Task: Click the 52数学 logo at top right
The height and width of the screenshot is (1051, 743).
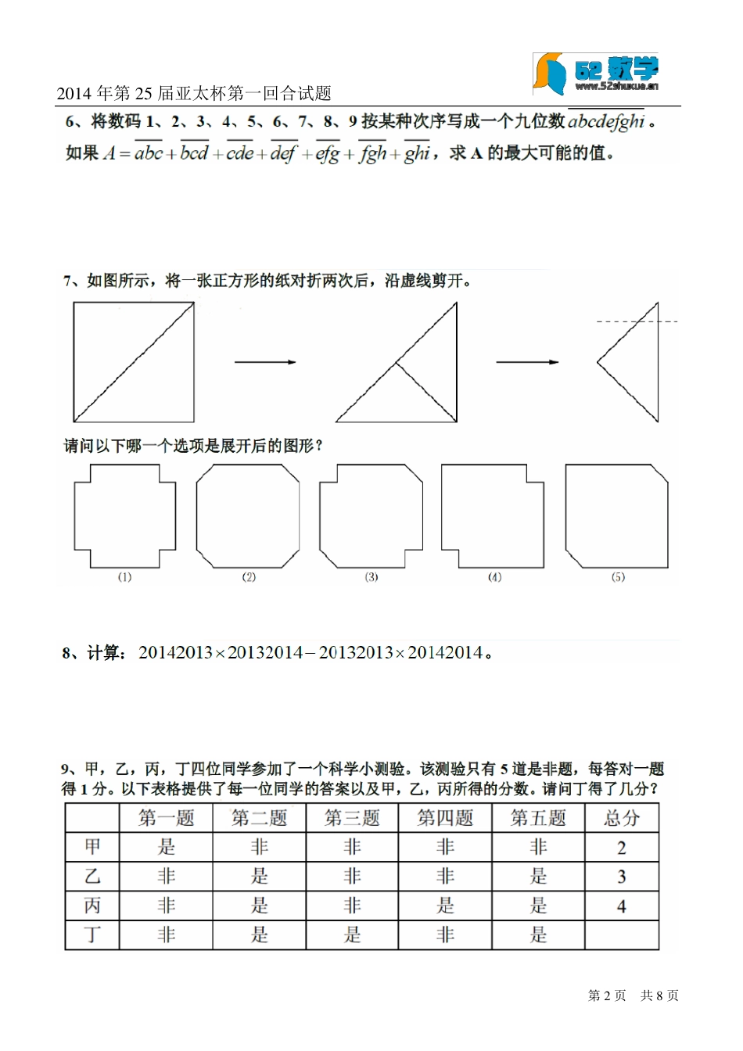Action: point(597,74)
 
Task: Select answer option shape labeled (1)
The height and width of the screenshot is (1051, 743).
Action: point(125,516)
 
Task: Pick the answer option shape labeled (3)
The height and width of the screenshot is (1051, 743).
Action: point(371,516)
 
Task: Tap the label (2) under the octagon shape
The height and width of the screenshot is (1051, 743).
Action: point(249,577)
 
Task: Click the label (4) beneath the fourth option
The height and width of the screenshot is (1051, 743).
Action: point(494,577)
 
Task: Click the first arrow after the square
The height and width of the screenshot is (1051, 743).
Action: point(265,362)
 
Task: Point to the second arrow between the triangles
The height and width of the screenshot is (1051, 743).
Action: point(527,362)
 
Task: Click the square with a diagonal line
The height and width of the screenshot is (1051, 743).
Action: point(134,362)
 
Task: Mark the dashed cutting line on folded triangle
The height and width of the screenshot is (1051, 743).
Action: point(637,321)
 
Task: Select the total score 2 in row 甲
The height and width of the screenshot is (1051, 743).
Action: point(622,848)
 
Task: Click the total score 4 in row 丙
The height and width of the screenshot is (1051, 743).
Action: point(622,906)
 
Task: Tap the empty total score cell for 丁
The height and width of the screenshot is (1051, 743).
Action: point(622,935)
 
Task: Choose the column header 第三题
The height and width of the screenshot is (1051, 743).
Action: point(352,819)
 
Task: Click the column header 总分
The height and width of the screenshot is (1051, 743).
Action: point(622,819)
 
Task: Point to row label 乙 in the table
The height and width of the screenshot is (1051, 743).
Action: point(92,877)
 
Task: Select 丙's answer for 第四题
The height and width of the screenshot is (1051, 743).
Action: point(445,906)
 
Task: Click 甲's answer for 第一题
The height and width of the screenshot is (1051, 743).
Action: point(166,848)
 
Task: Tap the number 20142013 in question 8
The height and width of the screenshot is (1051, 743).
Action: point(176,653)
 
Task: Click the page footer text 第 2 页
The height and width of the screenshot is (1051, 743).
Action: point(607,995)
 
